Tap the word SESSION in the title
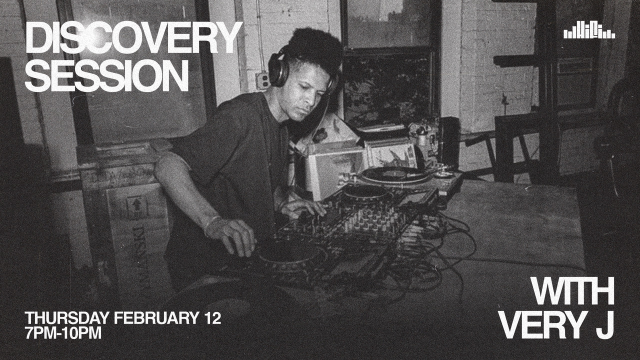tap(106, 76)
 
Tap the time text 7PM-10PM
tap(63, 333)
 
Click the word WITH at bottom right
tap(572, 291)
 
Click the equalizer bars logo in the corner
tap(589, 32)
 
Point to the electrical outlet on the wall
tap(262, 80)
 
